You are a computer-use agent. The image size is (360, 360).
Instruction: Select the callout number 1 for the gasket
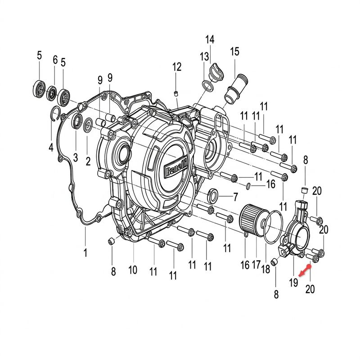pyautogui.click(x=85, y=253)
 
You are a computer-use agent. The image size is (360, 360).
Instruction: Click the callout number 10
pyautogui.click(x=133, y=270)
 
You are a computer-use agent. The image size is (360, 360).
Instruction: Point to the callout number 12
pyautogui.click(x=177, y=67)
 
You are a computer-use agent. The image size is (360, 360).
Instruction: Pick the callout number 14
pyautogui.click(x=210, y=40)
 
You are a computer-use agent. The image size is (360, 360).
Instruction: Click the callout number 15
pyautogui.click(x=234, y=52)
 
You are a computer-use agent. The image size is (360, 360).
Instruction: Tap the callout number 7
pyautogui.click(x=235, y=197)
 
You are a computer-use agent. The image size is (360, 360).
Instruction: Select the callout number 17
pyautogui.click(x=256, y=265)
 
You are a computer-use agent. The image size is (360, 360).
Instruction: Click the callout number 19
pyautogui.click(x=293, y=282)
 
